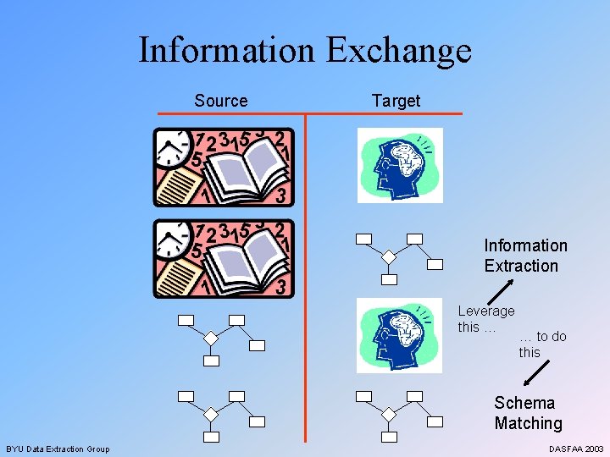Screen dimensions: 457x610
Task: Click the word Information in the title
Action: click(x=227, y=50)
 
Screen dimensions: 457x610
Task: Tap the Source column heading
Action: click(x=221, y=101)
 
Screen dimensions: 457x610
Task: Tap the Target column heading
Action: click(x=396, y=101)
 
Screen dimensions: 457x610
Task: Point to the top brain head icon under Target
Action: click(x=400, y=165)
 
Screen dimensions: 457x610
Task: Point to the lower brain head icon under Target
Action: click(x=400, y=334)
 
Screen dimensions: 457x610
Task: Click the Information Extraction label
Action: click(x=524, y=256)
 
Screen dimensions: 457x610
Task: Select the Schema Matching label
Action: click(x=528, y=413)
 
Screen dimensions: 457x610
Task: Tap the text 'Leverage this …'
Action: click(x=485, y=319)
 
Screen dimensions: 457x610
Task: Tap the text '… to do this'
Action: click(x=541, y=344)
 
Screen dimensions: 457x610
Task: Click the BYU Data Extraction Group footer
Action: click(x=58, y=449)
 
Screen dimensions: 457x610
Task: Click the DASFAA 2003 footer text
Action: click(x=575, y=449)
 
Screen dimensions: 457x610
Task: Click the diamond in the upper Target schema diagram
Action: click(x=388, y=256)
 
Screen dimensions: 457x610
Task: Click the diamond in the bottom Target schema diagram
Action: click(x=388, y=414)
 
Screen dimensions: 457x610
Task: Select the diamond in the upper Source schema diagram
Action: click(x=211, y=338)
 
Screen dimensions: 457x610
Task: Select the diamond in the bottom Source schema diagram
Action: click(x=211, y=414)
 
